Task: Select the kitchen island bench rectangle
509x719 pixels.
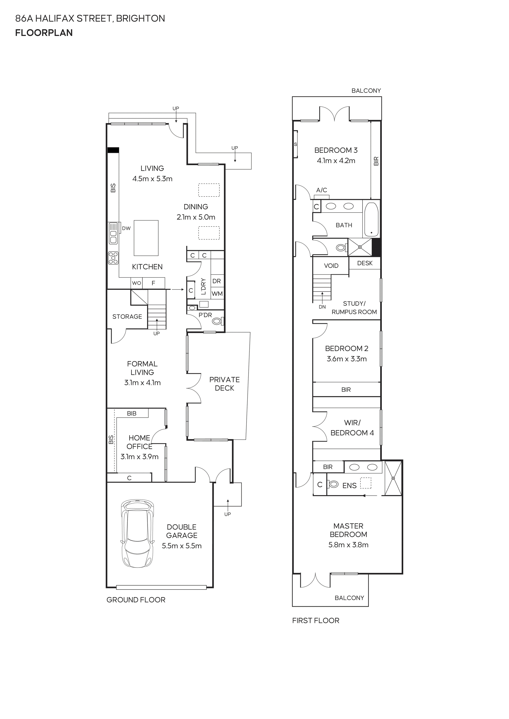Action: (x=146, y=238)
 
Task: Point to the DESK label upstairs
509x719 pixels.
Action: (x=365, y=263)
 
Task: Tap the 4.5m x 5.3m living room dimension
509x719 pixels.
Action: (x=152, y=179)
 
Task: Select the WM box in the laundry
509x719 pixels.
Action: (x=217, y=294)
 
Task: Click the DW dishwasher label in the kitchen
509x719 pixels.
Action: (x=126, y=228)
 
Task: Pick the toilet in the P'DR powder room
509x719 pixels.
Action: (x=217, y=321)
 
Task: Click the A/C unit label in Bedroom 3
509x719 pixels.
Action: (x=322, y=190)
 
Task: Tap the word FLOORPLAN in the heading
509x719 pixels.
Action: (x=44, y=33)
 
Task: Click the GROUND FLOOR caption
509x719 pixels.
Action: (x=136, y=600)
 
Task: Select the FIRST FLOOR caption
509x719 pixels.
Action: (x=316, y=621)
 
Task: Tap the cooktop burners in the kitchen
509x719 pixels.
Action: (x=113, y=258)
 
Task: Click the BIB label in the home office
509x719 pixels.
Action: (x=132, y=413)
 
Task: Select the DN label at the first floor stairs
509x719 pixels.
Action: (x=322, y=307)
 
